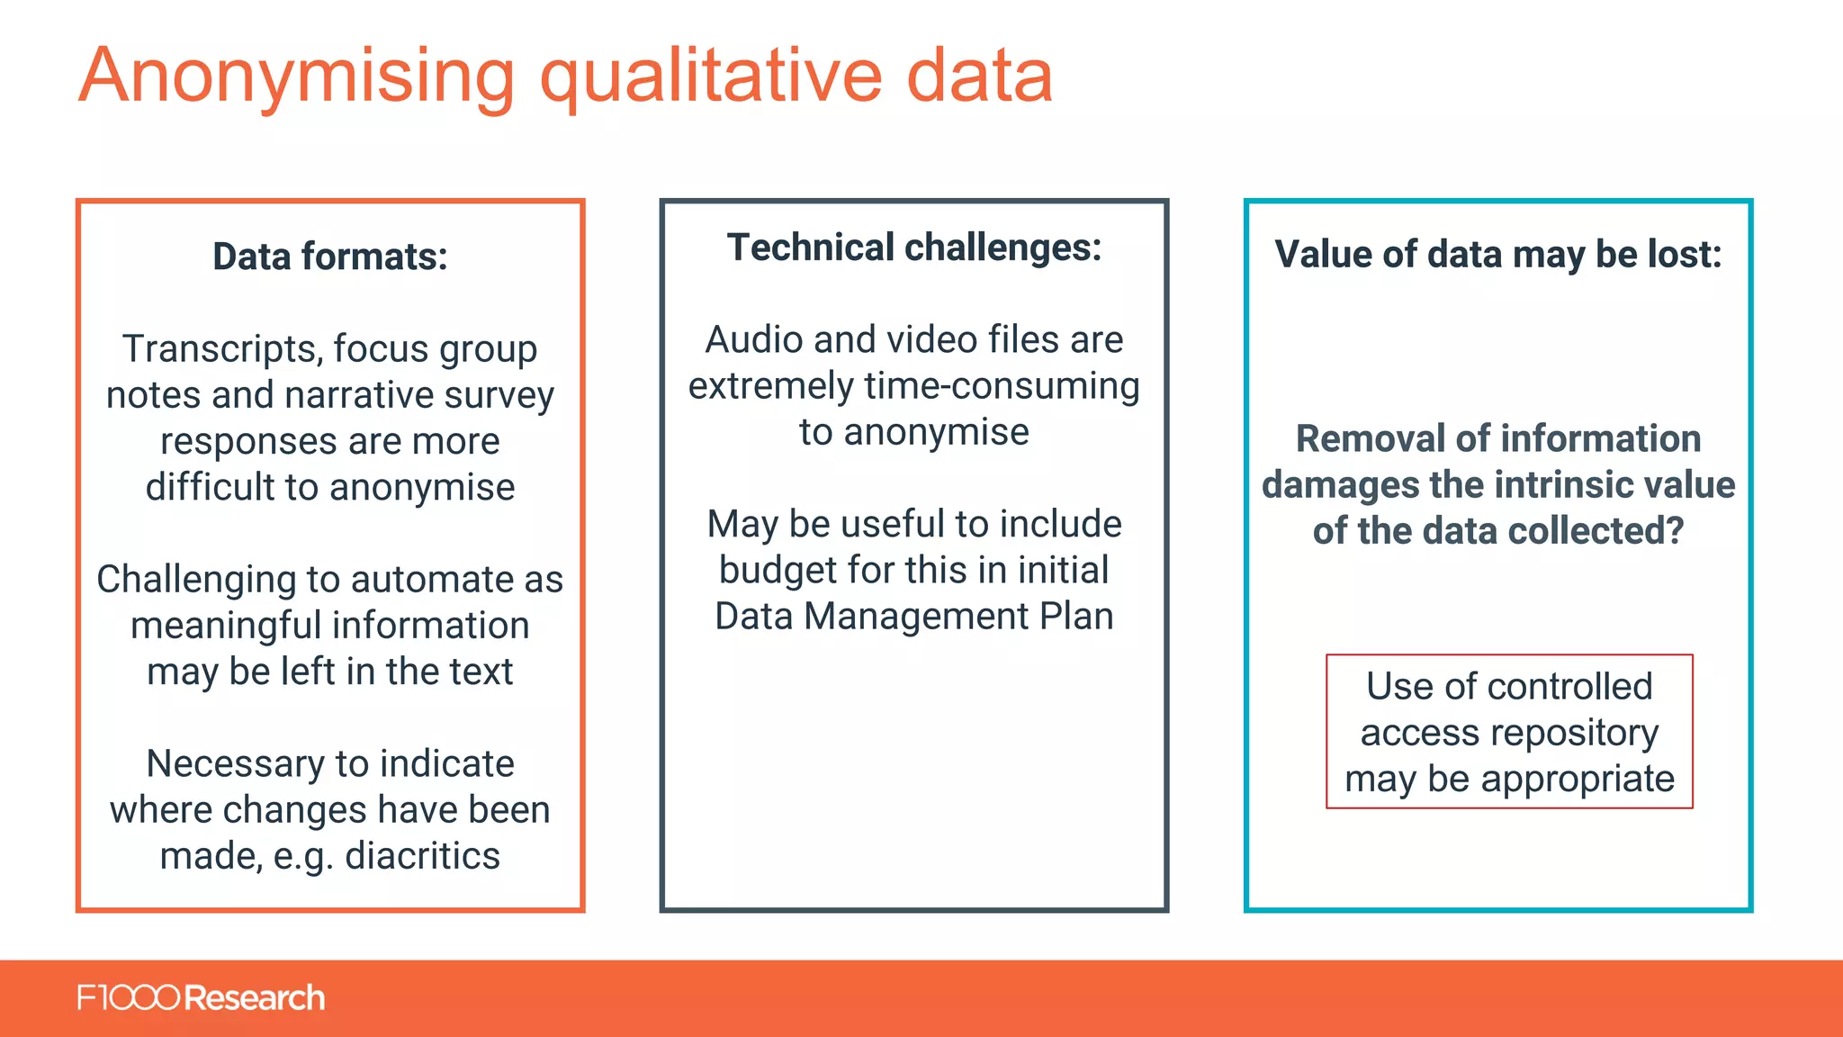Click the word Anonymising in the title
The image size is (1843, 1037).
pos(297,77)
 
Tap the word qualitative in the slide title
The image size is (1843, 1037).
pos(711,77)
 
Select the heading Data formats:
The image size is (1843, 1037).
pos(330,257)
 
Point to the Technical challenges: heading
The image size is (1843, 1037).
pos(914,248)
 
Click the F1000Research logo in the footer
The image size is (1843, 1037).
pos(201,998)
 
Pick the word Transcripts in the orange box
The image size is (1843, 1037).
pos(222,349)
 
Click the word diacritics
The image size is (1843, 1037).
pos(422,856)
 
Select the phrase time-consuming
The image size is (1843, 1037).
pos(1002,386)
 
